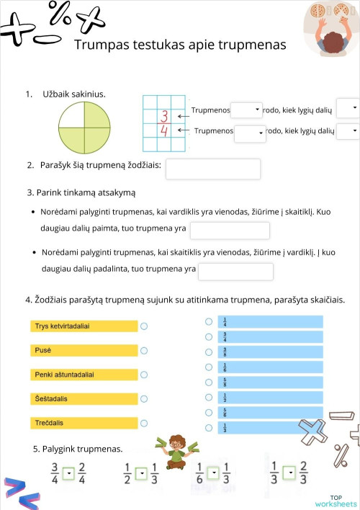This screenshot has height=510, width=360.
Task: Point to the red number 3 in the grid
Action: click(164, 115)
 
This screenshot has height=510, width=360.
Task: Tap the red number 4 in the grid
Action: click(164, 130)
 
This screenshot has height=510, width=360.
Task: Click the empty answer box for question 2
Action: click(212, 169)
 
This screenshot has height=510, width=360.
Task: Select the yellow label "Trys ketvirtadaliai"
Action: click(84, 326)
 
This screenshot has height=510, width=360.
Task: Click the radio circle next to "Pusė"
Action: click(144, 351)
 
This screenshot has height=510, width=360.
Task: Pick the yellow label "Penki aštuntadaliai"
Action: click(84, 375)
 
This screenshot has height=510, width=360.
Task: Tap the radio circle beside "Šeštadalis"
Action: click(144, 398)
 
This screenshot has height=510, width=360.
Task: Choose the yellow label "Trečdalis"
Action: click(84, 422)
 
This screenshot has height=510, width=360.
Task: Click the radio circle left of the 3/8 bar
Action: click(209, 352)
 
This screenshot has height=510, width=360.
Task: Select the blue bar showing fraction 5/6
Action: click(270, 413)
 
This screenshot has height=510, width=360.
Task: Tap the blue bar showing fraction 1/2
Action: click(270, 398)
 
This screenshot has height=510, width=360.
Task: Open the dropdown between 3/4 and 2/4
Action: click(68, 473)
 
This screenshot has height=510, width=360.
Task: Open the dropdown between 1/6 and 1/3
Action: click(212, 473)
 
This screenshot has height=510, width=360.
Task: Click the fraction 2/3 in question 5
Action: click(303, 473)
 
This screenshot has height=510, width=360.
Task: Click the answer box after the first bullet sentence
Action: click(229, 231)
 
